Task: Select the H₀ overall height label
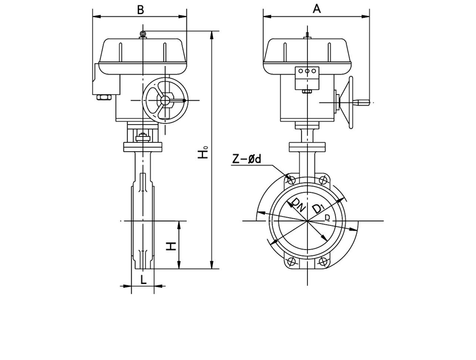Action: coord(203,151)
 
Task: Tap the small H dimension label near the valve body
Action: coord(172,246)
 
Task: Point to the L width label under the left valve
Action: coord(143,280)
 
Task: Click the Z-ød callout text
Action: coord(247,159)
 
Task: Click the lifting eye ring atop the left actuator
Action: coord(142,34)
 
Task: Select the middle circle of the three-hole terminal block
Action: coord(308,72)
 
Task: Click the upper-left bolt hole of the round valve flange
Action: coord(291,180)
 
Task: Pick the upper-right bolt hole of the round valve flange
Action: coord(324,180)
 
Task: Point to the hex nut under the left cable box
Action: coord(102,96)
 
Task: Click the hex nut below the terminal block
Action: coord(307,91)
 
